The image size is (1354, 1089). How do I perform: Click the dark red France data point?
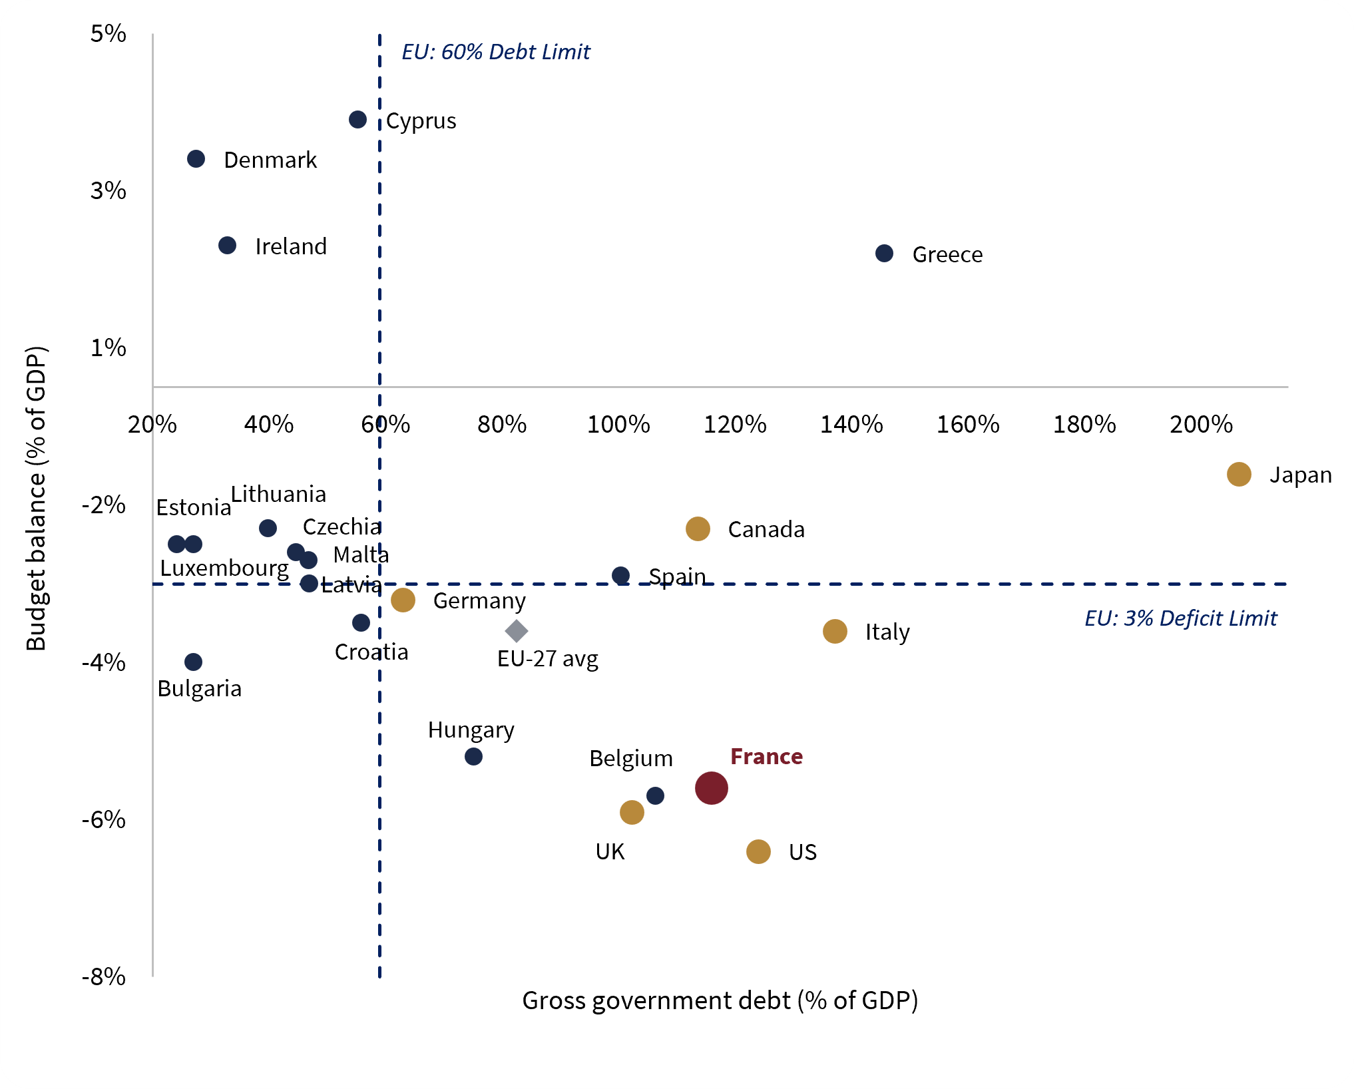click(x=711, y=788)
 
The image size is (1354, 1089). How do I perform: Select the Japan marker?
click(x=1238, y=475)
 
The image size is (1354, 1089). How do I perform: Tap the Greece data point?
click(x=884, y=254)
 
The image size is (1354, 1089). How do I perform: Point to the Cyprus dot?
click(x=357, y=120)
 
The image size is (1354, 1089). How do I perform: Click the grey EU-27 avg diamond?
click(x=517, y=630)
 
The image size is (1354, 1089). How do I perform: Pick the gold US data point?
click(x=758, y=851)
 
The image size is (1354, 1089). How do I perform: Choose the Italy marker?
click(x=835, y=631)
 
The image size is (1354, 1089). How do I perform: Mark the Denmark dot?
click(x=196, y=159)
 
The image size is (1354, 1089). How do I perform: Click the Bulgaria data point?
click(x=193, y=662)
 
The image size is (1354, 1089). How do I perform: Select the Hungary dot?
click(x=473, y=756)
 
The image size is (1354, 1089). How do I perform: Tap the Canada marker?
click(x=698, y=529)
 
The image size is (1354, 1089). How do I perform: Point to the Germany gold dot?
click(x=403, y=600)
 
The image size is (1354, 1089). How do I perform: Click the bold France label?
click(x=766, y=756)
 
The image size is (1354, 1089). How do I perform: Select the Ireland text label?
click(x=291, y=246)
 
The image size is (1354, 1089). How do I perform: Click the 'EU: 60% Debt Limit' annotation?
click(x=496, y=52)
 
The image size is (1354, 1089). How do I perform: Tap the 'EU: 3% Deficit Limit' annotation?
click(x=1181, y=618)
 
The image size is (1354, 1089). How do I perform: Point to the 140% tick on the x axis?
click(x=851, y=424)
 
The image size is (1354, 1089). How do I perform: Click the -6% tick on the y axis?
click(x=104, y=819)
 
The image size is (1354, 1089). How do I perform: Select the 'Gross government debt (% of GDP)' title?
click(x=720, y=1000)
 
